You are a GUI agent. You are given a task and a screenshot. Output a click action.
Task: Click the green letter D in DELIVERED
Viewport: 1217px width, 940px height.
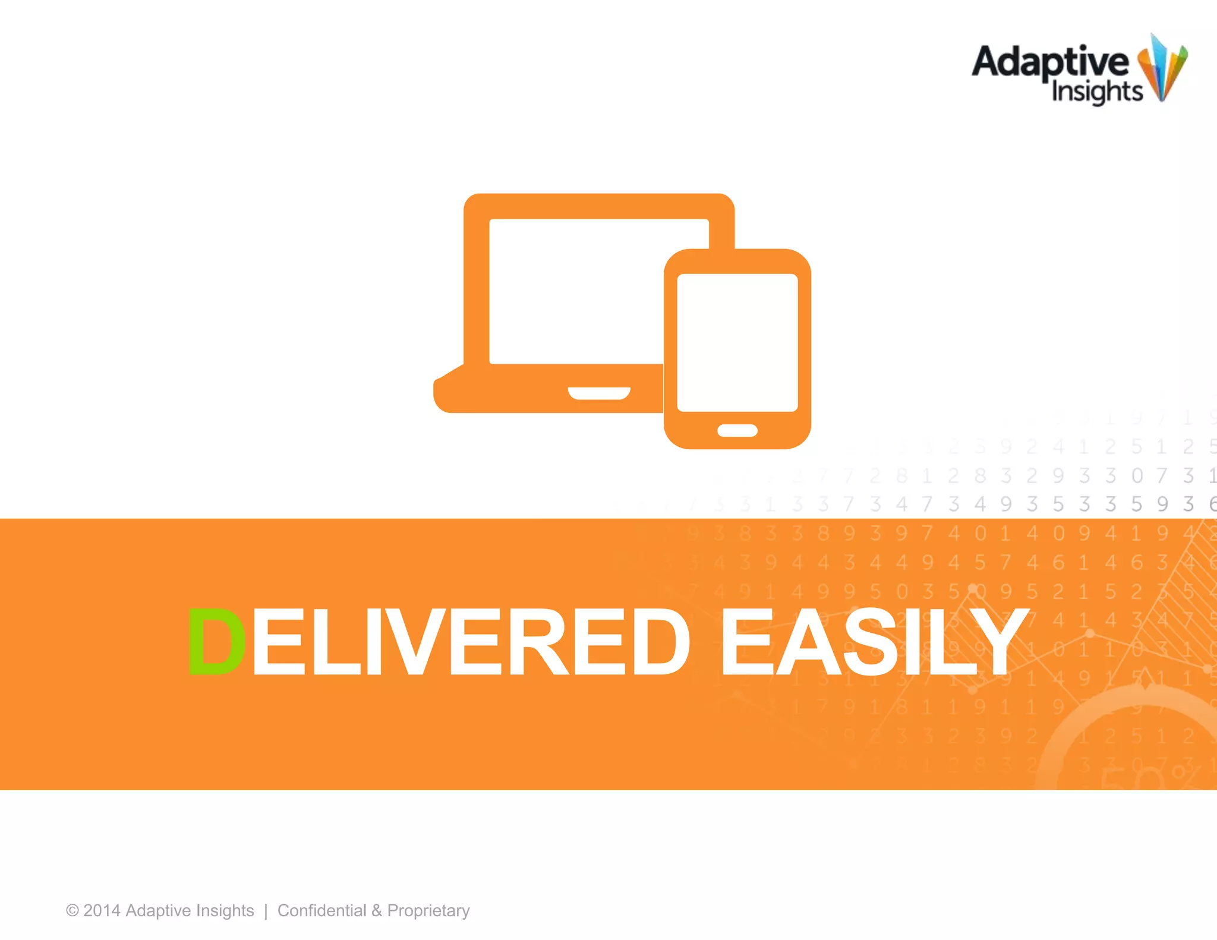click(x=216, y=642)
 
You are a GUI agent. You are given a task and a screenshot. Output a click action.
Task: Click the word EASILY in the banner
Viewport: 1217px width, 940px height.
click(x=874, y=642)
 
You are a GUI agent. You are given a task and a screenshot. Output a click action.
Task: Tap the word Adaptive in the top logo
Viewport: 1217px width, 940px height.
click(x=1049, y=61)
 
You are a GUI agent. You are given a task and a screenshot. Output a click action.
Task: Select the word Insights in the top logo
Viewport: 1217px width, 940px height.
click(x=1096, y=92)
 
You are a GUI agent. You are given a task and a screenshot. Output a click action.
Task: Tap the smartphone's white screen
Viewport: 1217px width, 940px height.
click(x=737, y=342)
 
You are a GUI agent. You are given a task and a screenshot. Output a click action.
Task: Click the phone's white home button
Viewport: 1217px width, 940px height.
click(x=737, y=431)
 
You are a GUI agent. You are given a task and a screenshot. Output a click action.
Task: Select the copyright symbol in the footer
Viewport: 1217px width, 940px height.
click(x=72, y=911)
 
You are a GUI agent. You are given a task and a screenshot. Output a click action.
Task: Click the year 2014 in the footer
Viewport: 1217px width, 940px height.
click(x=102, y=911)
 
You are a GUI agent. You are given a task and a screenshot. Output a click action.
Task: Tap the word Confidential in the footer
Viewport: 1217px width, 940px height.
click(x=321, y=911)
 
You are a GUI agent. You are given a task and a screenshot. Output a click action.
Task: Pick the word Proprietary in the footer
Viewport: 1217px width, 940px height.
click(x=428, y=911)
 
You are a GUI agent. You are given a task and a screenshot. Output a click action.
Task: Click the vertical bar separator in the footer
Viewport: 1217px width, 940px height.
click(x=266, y=911)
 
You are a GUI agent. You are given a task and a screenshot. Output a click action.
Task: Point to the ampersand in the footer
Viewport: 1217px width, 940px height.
click(x=377, y=911)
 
